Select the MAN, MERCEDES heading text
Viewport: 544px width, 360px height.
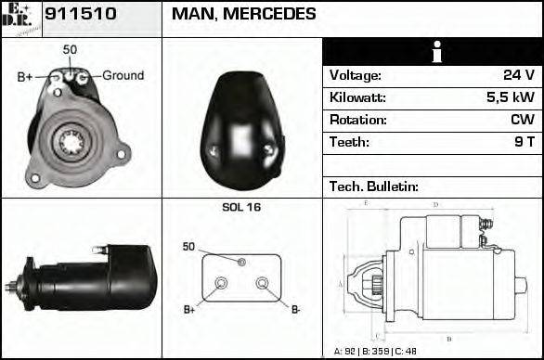pos(243,14)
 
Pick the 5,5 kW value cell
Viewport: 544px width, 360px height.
pos(511,97)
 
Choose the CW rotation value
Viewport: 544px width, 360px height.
pos(522,120)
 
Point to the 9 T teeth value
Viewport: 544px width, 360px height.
pos(525,142)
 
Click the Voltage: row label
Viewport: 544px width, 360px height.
pos(356,75)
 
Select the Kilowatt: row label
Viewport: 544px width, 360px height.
pos(357,97)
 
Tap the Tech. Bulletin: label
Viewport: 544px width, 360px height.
pos(374,186)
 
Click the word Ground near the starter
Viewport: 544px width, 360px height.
pos(123,75)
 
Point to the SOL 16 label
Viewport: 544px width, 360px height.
pos(241,207)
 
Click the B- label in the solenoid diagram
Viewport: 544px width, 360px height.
pos(295,309)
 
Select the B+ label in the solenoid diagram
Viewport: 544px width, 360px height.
pos(190,309)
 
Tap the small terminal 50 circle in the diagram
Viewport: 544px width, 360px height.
pos(241,263)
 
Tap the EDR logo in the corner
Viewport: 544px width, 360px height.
pos(20,19)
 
